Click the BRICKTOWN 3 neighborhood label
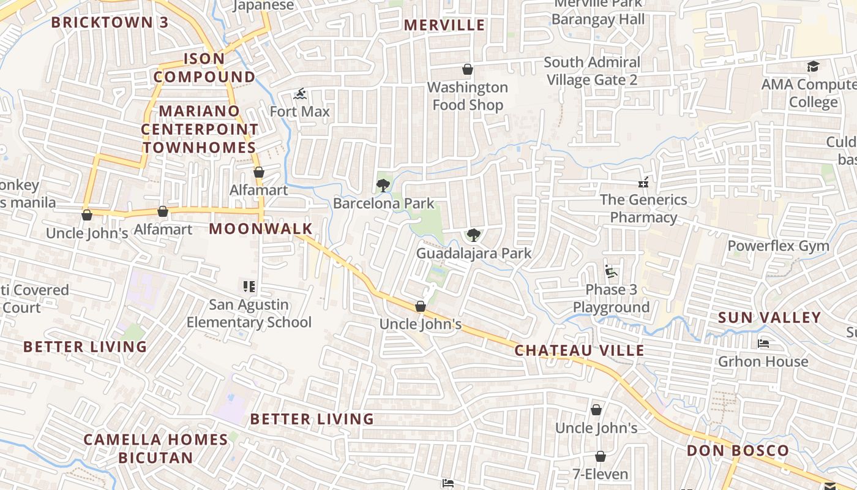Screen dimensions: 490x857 [x=110, y=23]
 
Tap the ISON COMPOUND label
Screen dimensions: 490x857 [x=204, y=68]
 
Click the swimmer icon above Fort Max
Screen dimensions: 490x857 [x=300, y=94]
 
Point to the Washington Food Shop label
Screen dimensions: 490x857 [x=468, y=96]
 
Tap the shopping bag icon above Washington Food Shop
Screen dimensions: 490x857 [x=468, y=69]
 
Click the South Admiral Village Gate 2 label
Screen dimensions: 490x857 [x=592, y=71]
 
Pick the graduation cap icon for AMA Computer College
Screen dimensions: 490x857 [x=813, y=66]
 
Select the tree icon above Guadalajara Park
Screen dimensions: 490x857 [x=473, y=235]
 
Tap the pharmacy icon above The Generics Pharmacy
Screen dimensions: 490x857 [x=643, y=182]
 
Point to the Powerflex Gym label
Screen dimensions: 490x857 [x=778, y=246]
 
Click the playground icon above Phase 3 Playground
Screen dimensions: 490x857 [x=610, y=271]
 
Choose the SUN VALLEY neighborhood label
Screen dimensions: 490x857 [x=769, y=317]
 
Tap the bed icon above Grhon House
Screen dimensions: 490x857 [x=763, y=344]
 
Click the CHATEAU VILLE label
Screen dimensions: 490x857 [x=579, y=350]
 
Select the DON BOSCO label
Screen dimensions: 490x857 [x=738, y=451]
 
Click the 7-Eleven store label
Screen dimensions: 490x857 [x=600, y=474]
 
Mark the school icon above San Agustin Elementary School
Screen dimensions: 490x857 [x=249, y=286]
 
